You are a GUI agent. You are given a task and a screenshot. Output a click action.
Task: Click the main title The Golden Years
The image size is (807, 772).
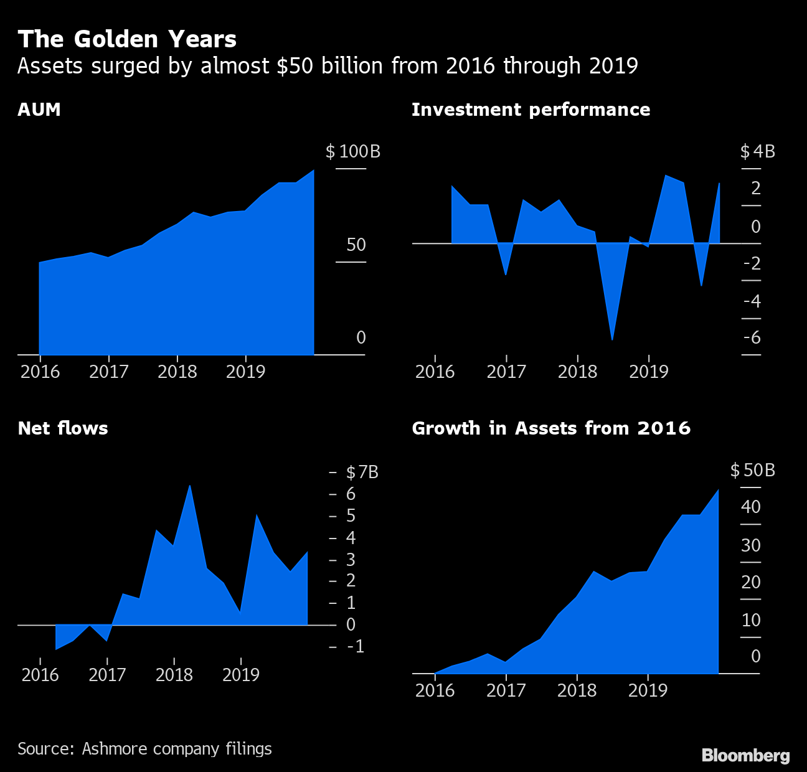click(127, 39)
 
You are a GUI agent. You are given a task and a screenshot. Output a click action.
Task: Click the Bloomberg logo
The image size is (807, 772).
click(745, 755)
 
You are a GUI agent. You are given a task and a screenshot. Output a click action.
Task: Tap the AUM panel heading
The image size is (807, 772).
click(39, 110)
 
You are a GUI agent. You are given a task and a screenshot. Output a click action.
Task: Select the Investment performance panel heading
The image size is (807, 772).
click(531, 110)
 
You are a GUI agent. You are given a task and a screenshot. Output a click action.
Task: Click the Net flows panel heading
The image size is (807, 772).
click(63, 428)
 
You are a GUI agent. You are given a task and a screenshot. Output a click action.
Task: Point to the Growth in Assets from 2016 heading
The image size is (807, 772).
click(551, 428)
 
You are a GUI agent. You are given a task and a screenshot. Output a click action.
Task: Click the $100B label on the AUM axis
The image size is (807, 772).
click(353, 151)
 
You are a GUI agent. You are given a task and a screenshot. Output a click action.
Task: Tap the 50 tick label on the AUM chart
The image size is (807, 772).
click(356, 245)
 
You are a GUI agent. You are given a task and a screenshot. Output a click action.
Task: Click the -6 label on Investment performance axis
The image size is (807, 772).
click(752, 337)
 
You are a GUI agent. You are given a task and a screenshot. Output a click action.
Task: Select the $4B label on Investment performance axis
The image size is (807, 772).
click(758, 151)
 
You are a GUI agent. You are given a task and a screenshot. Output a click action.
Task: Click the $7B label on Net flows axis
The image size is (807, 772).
click(362, 472)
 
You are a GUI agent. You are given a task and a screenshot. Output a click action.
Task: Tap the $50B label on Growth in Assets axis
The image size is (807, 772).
click(753, 470)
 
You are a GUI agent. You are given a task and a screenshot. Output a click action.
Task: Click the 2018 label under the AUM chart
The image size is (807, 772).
click(177, 372)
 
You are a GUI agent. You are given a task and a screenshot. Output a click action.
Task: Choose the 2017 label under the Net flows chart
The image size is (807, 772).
click(107, 674)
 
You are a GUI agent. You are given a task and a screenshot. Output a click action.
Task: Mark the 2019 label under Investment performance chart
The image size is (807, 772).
click(648, 372)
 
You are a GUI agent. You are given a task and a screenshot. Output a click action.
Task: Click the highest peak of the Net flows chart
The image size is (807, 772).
click(189, 486)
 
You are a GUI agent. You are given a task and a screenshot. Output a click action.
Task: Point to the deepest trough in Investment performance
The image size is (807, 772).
click(613, 339)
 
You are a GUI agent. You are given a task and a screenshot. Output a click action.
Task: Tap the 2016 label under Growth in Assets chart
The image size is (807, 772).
click(435, 690)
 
